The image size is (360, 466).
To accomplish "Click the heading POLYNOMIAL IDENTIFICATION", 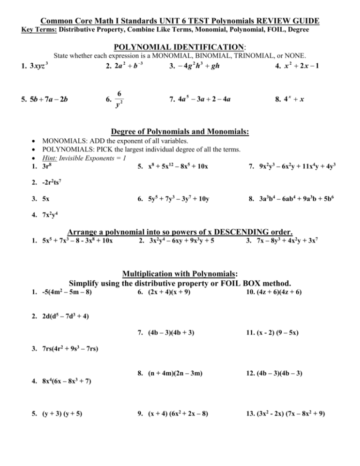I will (180, 47).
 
